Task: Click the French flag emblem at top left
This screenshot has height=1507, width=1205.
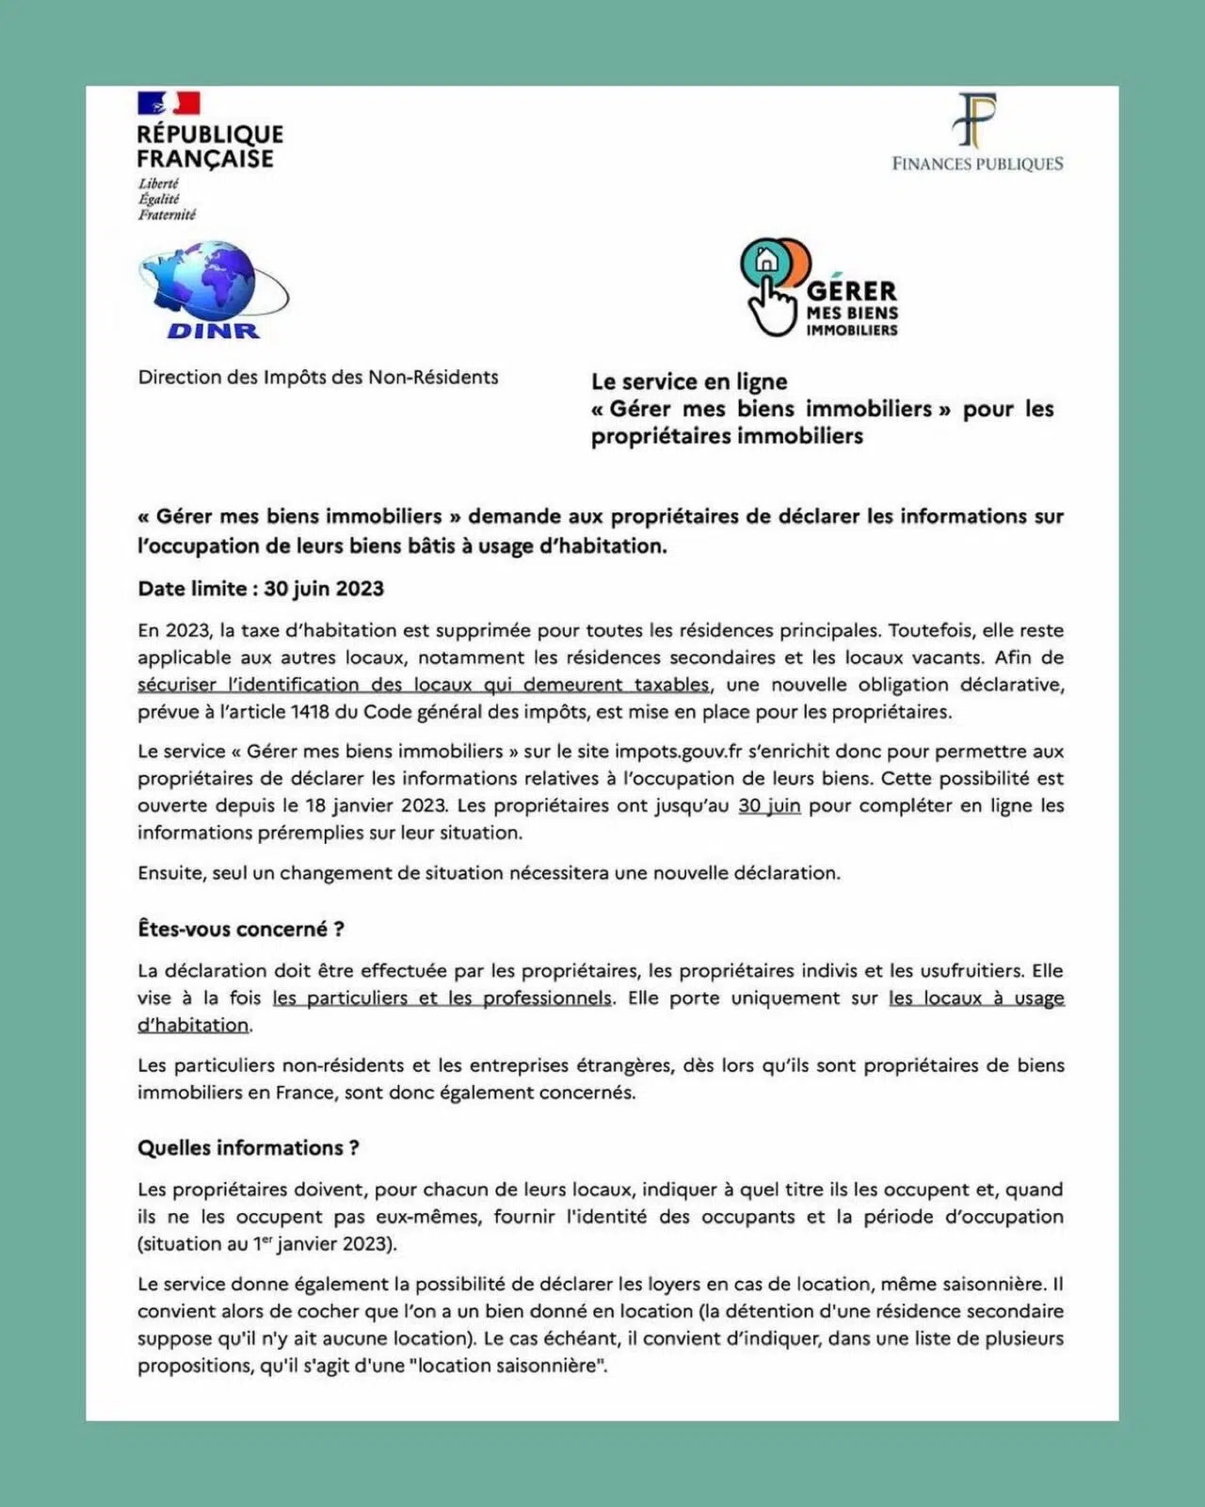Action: point(169,102)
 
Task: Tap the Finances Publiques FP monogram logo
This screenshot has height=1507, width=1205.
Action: point(976,121)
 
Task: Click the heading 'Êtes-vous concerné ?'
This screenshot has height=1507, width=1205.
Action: point(241,929)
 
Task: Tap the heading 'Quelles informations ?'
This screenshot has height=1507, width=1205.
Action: point(249,1147)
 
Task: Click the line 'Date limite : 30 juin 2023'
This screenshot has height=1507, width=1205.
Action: point(261,589)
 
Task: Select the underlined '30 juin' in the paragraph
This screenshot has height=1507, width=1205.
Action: point(769,805)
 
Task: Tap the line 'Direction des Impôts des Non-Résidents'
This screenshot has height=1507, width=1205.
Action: point(318,377)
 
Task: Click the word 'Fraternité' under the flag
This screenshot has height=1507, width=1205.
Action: point(167,215)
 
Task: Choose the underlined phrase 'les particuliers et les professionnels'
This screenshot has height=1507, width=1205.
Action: point(442,997)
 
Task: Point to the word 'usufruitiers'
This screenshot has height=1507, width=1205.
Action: point(957,970)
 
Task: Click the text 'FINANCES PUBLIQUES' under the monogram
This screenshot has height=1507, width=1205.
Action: point(977,164)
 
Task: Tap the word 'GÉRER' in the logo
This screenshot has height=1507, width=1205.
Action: point(852,291)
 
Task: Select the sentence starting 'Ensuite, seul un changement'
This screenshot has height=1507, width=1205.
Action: point(489,873)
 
